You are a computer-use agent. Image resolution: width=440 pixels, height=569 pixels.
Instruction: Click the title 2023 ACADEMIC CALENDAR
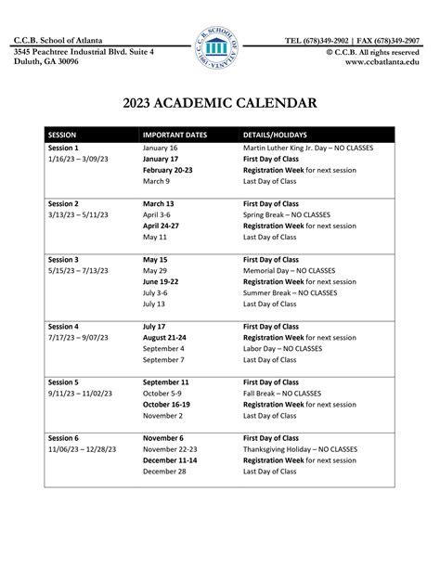pyautogui.click(x=219, y=103)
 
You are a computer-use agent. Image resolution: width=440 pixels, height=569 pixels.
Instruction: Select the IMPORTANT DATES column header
pyautogui.click(x=175, y=135)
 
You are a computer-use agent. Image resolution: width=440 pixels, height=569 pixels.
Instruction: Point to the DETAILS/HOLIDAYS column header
pyautogui.click(x=276, y=135)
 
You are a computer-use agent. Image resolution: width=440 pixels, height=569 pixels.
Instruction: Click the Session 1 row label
pyautogui.click(x=63, y=149)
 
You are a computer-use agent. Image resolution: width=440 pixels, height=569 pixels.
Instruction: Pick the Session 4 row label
pyautogui.click(x=63, y=327)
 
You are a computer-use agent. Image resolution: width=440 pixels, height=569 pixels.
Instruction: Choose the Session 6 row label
pyautogui.click(x=63, y=438)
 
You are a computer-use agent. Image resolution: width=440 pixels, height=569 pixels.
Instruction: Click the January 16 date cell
pyautogui.click(x=160, y=149)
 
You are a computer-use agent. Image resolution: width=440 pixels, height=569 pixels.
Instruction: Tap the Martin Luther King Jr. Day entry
pyautogui.click(x=308, y=149)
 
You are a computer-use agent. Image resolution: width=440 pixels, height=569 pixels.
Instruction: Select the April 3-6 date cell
pyautogui.click(x=157, y=214)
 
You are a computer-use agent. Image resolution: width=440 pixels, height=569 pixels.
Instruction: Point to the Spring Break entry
pyautogui.click(x=292, y=214)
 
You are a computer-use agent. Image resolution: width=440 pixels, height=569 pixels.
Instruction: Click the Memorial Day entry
pyautogui.click(x=296, y=270)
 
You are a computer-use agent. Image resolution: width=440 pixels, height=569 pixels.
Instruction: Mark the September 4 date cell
pyautogui.click(x=163, y=348)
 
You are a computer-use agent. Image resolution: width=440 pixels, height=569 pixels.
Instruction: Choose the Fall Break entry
pyautogui.click(x=287, y=393)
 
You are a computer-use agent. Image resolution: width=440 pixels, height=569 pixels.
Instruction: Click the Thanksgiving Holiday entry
pyautogui.click(x=300, y=449)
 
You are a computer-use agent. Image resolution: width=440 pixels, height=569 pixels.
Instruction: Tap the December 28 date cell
pyautogui.click(x=163, y=472)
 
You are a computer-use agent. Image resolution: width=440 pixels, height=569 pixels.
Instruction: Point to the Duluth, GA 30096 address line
pyautogui.click(x=46, y=61)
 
